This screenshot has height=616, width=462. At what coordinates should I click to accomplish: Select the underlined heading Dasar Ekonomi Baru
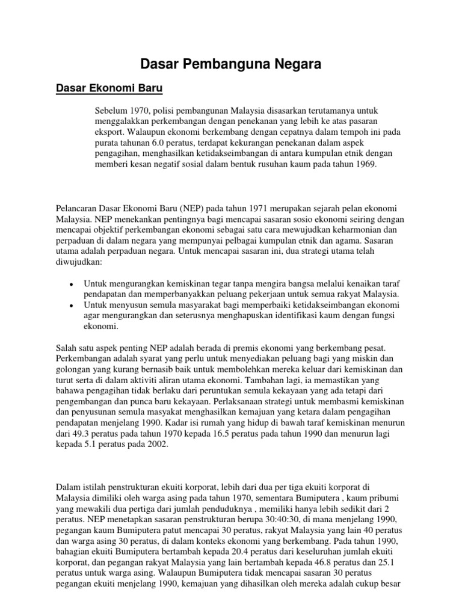coord(109,88)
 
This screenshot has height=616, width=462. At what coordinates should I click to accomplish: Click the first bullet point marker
coord(72,284)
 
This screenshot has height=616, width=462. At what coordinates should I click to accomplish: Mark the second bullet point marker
coord(72,306)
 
